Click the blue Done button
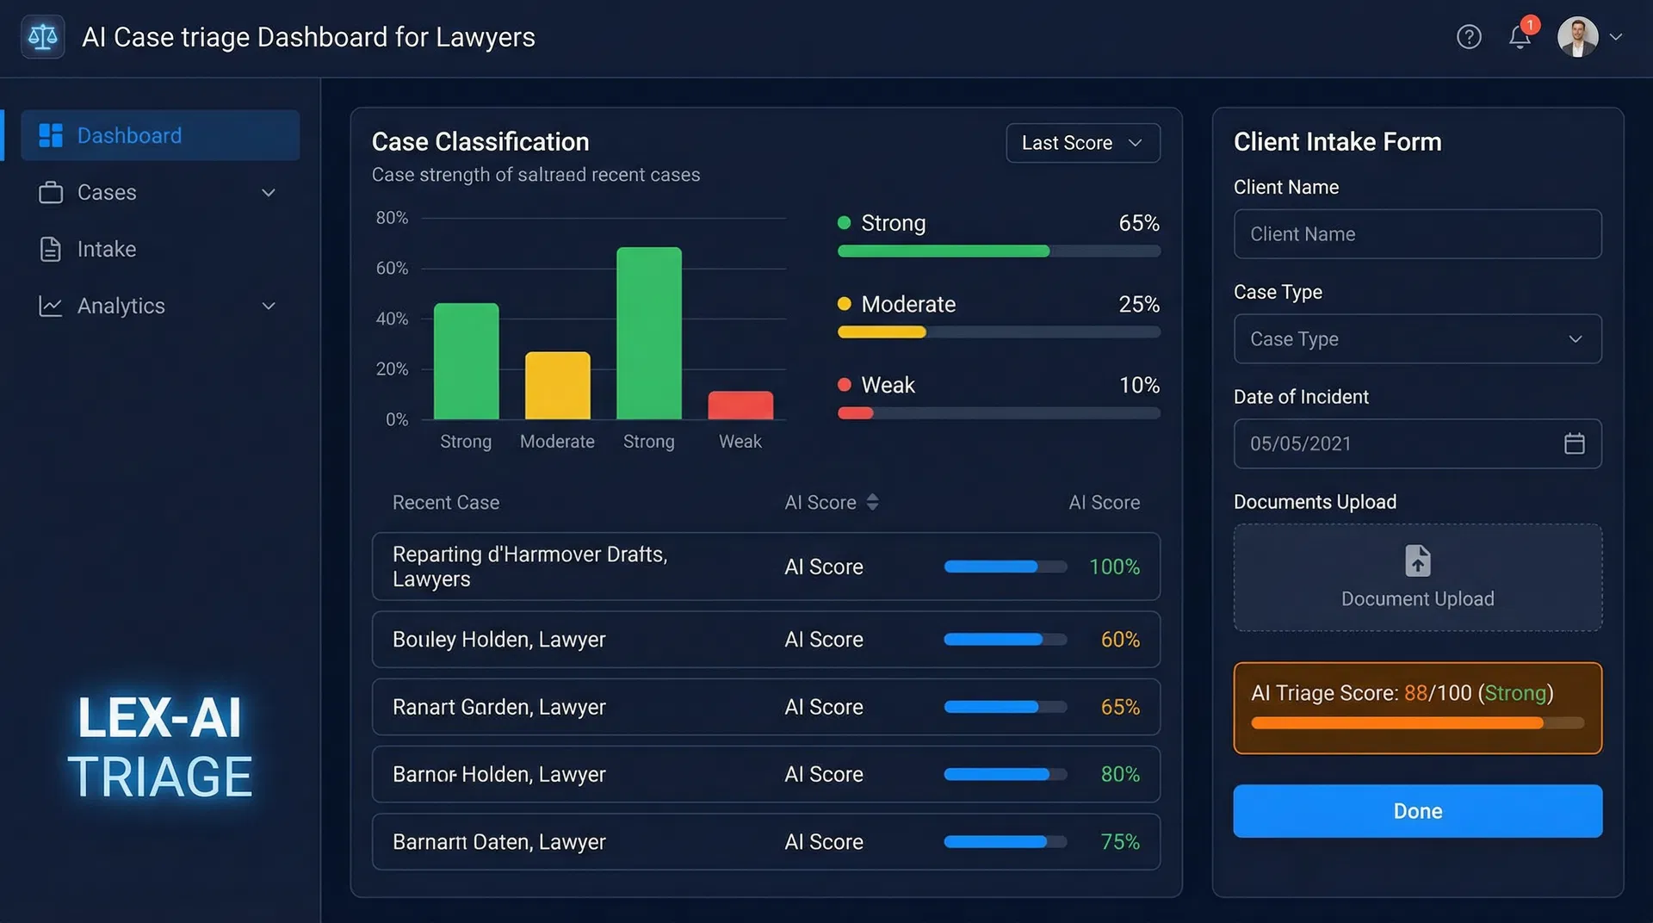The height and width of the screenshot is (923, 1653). pos(1417,811)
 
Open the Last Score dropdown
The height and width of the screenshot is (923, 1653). pos(1082,143)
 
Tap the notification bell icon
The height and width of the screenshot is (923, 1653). pos(1520,37)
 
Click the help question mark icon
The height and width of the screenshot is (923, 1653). pos(1469,37)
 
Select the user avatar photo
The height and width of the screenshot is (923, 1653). pos(1577,37)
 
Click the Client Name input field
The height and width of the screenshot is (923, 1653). pos(1417,234)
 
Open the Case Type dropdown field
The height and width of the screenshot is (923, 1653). pos(1417,339)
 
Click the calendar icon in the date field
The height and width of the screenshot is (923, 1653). pos(1574,443)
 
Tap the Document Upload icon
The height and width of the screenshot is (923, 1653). pos(1417,561)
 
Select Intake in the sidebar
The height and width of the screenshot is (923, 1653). pos(107,250)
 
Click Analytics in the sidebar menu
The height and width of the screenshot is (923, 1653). pos(121,307)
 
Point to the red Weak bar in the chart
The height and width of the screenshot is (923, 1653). pos(740,406)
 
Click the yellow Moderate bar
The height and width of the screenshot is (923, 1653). pos(558,386)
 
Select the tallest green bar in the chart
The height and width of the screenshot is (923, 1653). pos(649,334)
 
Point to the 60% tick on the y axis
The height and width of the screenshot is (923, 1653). pos(392,269)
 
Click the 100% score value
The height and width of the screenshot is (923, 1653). pos(1114,567)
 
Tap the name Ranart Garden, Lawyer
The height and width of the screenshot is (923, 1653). pos(499,708)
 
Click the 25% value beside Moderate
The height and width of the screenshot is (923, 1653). pos(1138,305)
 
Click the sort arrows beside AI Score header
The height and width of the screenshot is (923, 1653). pos(872,503)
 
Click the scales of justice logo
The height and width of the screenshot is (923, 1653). pos(42,37)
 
